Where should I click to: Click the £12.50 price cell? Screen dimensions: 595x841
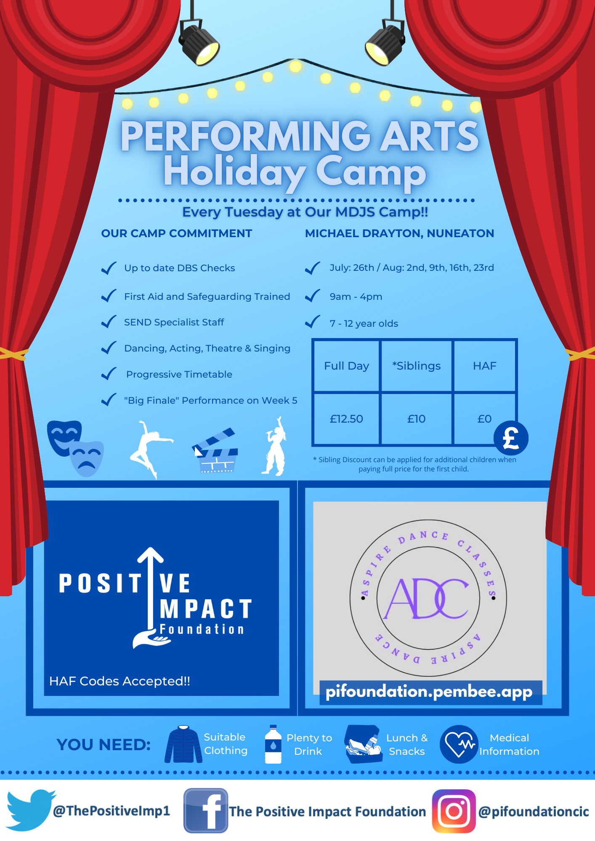point(346,419)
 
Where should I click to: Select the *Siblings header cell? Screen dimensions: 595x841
point(416,366)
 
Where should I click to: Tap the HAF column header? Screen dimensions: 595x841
point(484,366)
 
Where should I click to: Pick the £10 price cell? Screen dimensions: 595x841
point(416,419)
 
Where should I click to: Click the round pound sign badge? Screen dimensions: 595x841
point(511,438)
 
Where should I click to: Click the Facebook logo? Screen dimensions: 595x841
point(206,810)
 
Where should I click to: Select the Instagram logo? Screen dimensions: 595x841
point(454,811)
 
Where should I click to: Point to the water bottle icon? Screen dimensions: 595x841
point(273,744)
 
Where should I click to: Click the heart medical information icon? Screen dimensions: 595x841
point(459,744)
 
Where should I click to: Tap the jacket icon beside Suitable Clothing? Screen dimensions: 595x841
point(183,744)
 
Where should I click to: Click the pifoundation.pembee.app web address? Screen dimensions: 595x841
point(429,692)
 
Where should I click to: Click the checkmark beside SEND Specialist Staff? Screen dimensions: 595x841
point(109,322)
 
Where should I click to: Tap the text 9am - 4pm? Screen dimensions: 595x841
point(356,296)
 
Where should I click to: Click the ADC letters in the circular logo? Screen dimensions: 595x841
point(427,598)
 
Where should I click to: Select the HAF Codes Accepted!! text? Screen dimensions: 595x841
point(120,681)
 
